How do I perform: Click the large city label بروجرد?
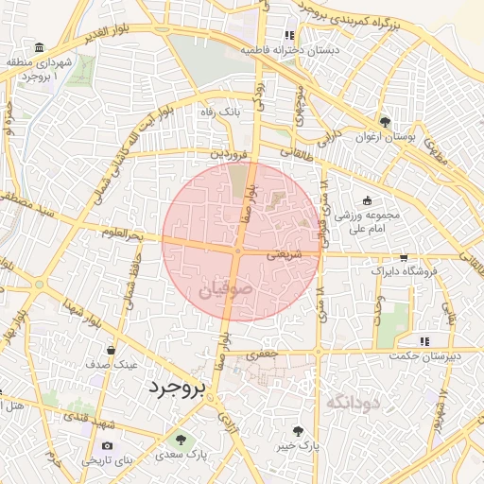(177, 389)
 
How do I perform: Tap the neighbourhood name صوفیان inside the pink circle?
(226, 291)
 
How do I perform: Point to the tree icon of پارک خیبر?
(299, 430)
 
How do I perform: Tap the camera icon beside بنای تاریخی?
(107, 446)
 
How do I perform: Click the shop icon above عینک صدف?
(112, 350)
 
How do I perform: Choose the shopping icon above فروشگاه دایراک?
(405, 257)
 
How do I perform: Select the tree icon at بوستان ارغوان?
(384, 122)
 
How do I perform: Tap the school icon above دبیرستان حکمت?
(424, 340)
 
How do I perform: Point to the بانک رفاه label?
(216, 112)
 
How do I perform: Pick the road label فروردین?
(230, 151)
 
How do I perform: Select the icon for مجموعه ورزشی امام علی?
(367, 200)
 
